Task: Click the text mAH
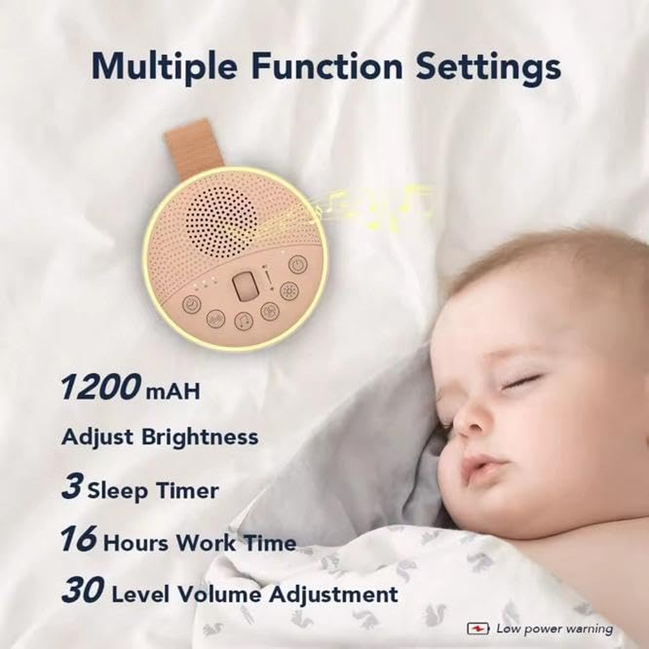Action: (x=172, y=393)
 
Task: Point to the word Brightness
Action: (x=204, y=437)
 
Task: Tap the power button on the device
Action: (x=298, y=264)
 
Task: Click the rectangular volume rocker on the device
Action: (x=246, y=286)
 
